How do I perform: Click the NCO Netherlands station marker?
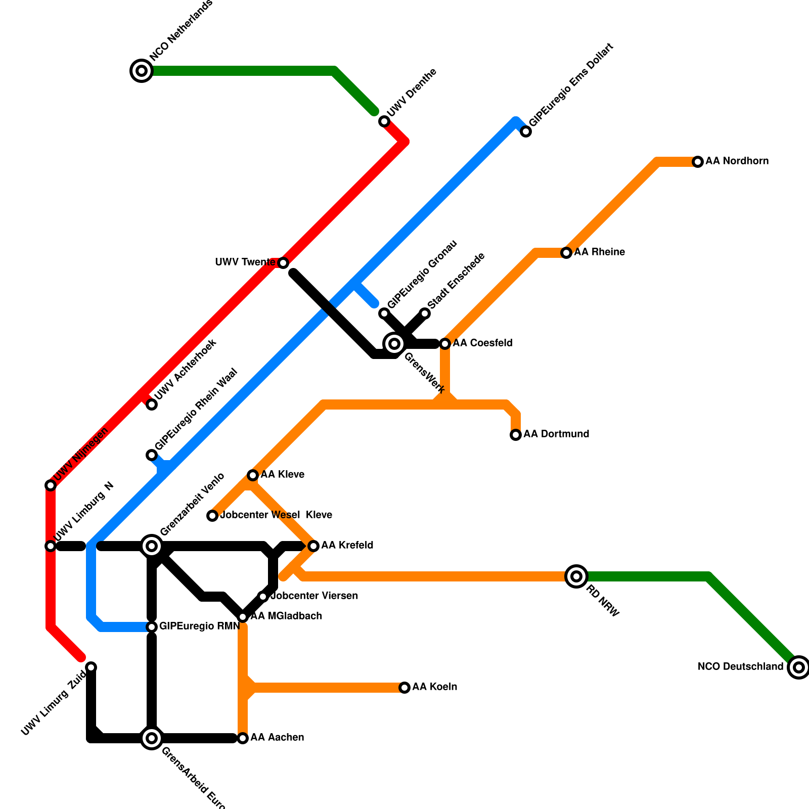click(142, 71)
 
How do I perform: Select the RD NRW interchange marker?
click(576, 576)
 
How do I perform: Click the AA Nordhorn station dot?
click(698, 162)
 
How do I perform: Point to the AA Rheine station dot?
click(566, 253)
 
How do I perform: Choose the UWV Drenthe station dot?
click(384, 121)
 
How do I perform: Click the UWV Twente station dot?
click(283, 263)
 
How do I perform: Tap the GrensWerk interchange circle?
click(394, 344)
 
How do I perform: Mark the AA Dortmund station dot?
click(516, 435)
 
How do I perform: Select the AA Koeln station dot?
click(404, 688)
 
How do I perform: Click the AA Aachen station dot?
click(243, 738)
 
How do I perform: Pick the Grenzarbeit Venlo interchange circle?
click(152, 546)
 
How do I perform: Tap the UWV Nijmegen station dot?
click(51, 485)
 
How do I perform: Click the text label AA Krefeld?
click(347, 546)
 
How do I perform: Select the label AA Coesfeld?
click(482, 343)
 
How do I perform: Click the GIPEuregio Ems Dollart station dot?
click(526, 131)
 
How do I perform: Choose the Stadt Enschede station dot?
click(425, 313)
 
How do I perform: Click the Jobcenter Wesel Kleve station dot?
click(212, 516)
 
